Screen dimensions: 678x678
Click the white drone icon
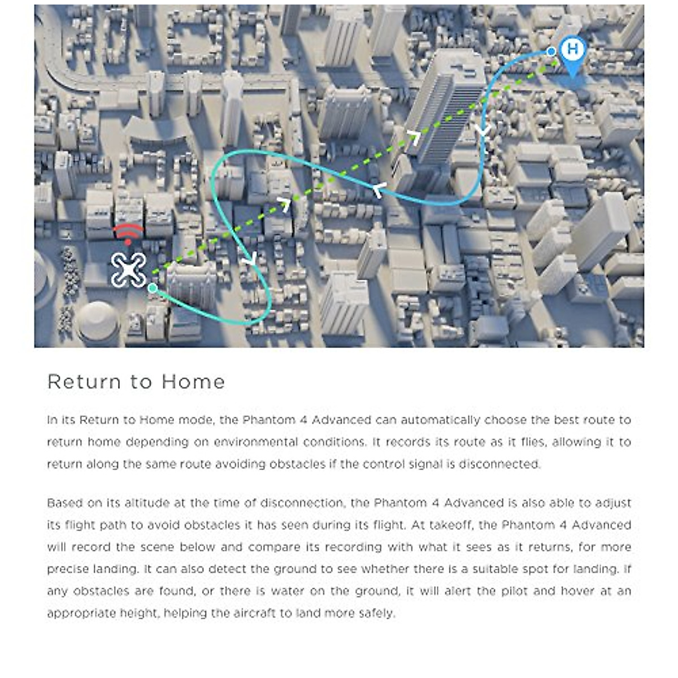[128, 270]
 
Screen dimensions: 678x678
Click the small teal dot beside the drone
[153, 288]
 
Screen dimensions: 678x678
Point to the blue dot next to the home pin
[551, 51]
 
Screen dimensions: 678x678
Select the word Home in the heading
[193, 382]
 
